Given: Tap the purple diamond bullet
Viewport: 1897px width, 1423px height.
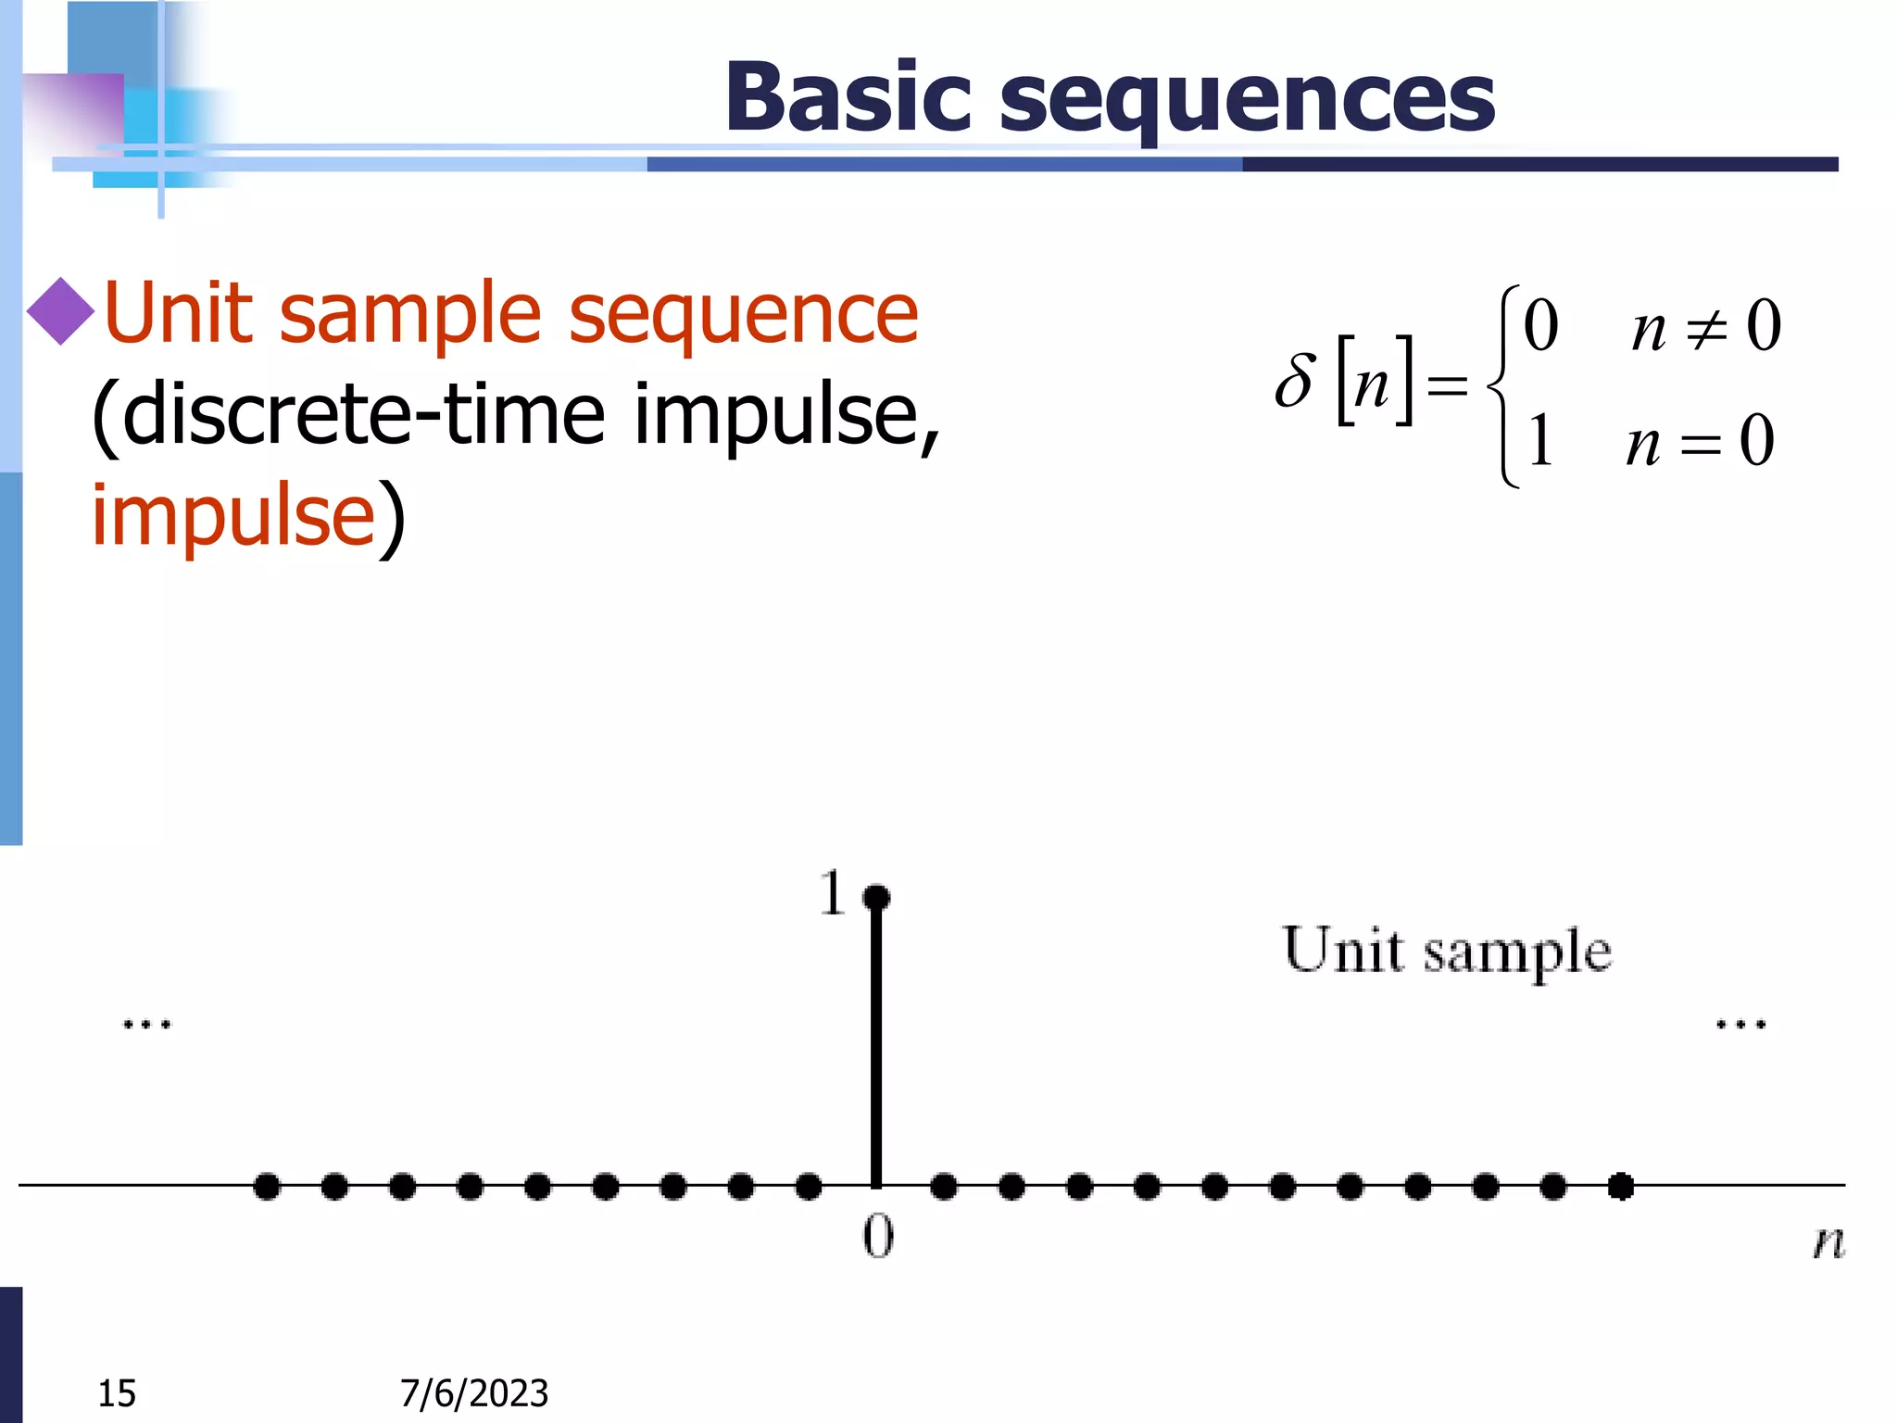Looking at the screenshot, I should point(60,311).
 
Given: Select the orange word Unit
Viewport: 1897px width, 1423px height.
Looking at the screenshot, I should point(179,313).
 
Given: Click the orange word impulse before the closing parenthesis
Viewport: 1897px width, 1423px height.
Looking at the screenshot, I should point(232,515).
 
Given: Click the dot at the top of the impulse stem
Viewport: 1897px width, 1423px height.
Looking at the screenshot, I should point(876,897).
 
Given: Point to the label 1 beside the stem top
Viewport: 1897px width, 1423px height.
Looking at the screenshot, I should point(832,893).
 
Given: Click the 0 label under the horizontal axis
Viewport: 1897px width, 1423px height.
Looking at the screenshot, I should point(878,1237).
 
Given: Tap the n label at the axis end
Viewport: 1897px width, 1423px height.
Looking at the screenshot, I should point(1828,1241).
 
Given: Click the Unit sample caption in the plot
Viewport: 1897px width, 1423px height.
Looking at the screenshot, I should point(1447,951).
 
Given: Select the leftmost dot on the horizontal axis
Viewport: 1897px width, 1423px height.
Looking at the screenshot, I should point(267,1186).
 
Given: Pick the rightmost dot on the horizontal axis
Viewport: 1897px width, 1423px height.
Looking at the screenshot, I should point(1621,1186).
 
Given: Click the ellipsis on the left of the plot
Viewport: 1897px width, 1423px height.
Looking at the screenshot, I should point(147,1025).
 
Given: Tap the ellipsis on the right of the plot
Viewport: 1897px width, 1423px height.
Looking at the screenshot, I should point(1741,1025).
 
